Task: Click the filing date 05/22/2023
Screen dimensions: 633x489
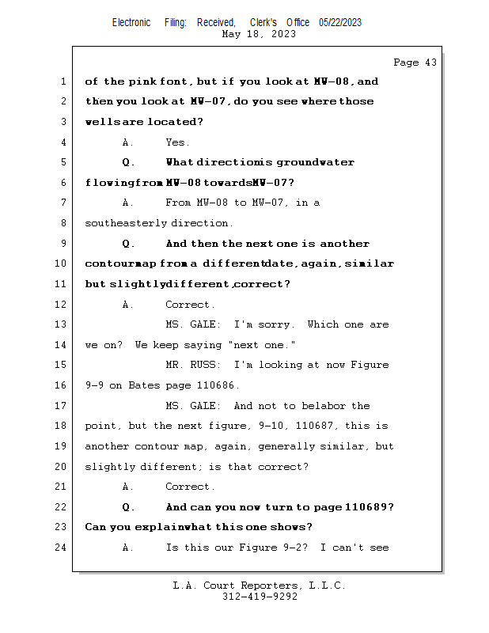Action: [x=340, y=23]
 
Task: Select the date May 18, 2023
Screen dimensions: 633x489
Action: [x=260, y=34]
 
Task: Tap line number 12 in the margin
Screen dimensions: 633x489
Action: [x=61, y=304]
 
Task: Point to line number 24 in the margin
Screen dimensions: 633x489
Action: [x=61, y=547]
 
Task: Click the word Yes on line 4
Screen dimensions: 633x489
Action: [x=177, y=142]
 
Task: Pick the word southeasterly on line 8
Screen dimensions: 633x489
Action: [x=126, y=223]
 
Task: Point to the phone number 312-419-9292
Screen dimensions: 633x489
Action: [x=260, y=597]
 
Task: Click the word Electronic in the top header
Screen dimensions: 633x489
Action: [x=131, y=23]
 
